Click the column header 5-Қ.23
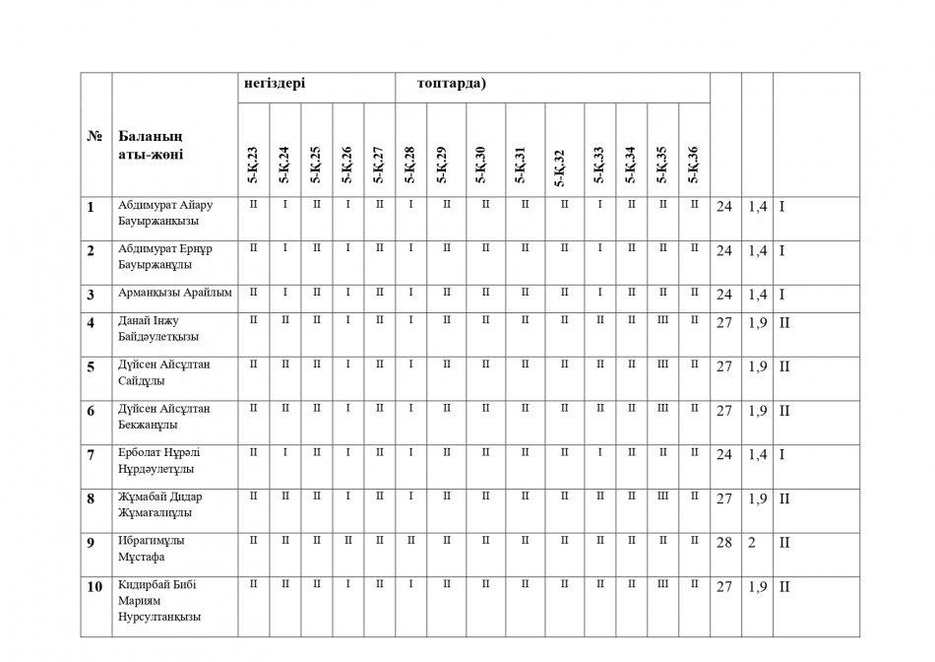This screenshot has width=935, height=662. pos(253,165)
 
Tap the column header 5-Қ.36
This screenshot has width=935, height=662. pos(694,165)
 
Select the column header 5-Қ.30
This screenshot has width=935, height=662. pos(481,165)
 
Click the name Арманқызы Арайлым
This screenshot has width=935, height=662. pos(174,294)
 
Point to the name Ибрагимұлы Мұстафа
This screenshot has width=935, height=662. pos(152,549)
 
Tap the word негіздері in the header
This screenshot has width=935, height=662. pos(275,84)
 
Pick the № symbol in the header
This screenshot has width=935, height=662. pos(95,136)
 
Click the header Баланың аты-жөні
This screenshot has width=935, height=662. pos(150,145)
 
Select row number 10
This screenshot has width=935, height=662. pos(94,587)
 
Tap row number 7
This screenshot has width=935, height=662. pos(91,454)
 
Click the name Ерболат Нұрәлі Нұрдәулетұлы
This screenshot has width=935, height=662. pos(160,461)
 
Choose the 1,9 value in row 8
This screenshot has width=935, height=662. pos(757,498)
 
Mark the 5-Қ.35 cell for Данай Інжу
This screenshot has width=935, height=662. pos(662,320)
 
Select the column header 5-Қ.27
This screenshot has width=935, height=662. pos(379,165)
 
